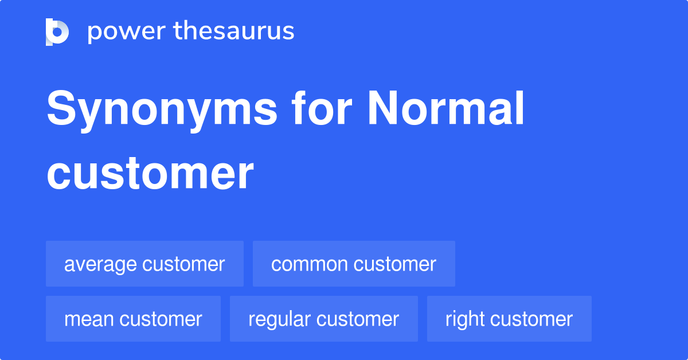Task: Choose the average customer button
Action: [x=144, y=264]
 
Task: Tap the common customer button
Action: [x=354, y=264]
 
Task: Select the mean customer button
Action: [x=133, y=319]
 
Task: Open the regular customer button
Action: [x=323, y=319]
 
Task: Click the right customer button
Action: [x=509, y=319]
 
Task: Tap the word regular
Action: [x=279, y=319]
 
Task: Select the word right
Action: [x=464, y=319]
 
